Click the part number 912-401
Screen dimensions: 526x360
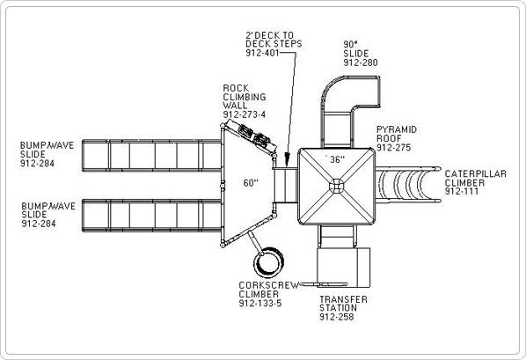[x=262, y=53]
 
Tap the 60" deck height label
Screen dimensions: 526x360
[x=251, y=183]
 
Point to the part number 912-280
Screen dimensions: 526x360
[x=361, y=62]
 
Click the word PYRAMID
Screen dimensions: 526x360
[x=397, y=129]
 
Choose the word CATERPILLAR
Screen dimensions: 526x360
[x=475, y=174]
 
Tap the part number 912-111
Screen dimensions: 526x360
[x=462, y=191]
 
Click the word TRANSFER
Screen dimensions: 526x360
[x=343, y=299]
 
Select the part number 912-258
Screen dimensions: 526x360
[x=337, y=317]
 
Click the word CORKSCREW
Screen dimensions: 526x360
[x=268, y=285]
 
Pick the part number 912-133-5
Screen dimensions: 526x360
[x=260, y=304]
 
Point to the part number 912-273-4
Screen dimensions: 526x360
[x=245, y=114]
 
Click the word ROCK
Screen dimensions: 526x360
[x=236, y=88]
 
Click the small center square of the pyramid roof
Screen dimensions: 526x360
[x=337, y=186]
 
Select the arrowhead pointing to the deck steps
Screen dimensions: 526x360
[x=287, y=158]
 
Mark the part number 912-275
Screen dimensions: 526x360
[x=393, y=147]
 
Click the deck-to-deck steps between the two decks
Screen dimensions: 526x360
[x=285, y=185]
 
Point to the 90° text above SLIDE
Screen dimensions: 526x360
[x=350, y=44]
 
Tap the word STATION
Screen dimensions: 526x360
[x=338, y=308]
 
